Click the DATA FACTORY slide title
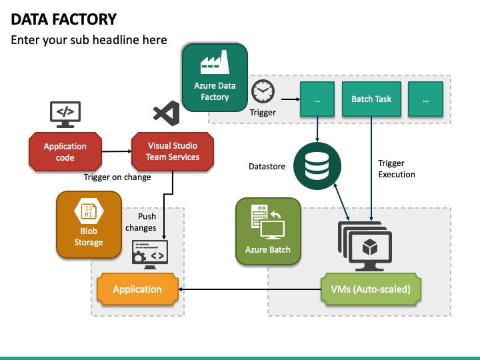coord(64,19)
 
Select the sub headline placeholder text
coord(89,40)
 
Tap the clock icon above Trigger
coord(262,91)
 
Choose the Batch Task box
coord(371,99)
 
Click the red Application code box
coord(65,151)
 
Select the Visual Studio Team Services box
coord(173,151)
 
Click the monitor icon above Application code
coord(65,113)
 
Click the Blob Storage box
coord(89,225)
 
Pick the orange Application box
coord(137,289)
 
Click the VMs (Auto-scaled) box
coord(371,289)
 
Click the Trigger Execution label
coord(396,169)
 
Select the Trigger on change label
coord(117,177)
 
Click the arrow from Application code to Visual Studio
coord(116,151)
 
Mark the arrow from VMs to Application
coord(249,289)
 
